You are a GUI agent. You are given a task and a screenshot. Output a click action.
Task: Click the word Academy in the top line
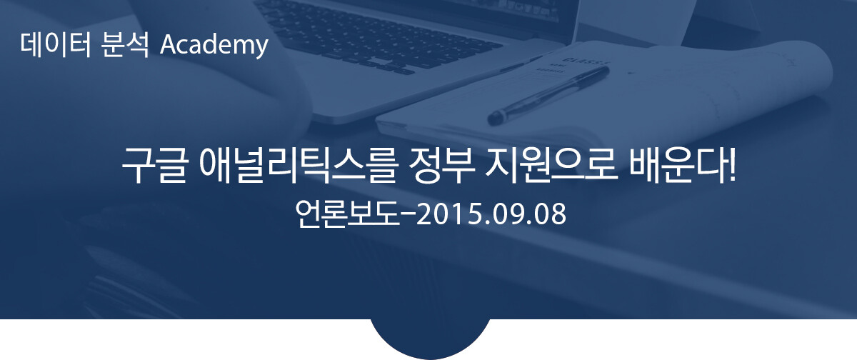point(214,46)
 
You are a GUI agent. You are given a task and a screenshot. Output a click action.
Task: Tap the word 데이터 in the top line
point(56,45)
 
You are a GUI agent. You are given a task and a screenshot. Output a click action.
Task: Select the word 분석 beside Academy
point(125,45)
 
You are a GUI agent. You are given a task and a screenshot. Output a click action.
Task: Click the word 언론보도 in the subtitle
point(346,214)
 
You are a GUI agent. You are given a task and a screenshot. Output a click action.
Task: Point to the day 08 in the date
point(549,214)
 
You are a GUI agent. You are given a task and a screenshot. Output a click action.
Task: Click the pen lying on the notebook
point(548,96)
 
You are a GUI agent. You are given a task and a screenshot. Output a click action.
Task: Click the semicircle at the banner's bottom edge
point(430,339)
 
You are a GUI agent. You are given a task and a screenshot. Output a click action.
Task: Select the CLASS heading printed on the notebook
point(586,61)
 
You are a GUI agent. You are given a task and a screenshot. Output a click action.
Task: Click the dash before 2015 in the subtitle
point(408,215)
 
